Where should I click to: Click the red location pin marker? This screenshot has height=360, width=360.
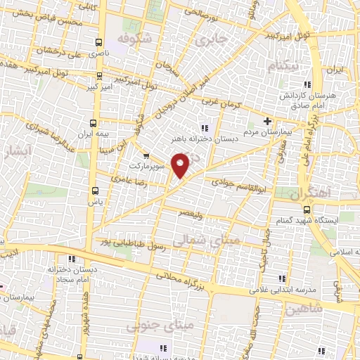click(181, 165)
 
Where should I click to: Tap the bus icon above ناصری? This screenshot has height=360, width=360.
click(98, 41)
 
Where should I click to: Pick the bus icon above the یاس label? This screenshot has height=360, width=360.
click(96, 190)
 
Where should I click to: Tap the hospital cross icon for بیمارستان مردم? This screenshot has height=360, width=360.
click(267, 120)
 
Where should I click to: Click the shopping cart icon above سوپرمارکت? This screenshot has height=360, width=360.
click(146, 156)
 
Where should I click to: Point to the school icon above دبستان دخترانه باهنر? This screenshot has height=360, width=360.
click(205, 127)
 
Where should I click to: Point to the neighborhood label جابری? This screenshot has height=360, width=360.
click(213, 39)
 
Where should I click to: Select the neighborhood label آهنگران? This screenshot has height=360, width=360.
click(300, 192)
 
